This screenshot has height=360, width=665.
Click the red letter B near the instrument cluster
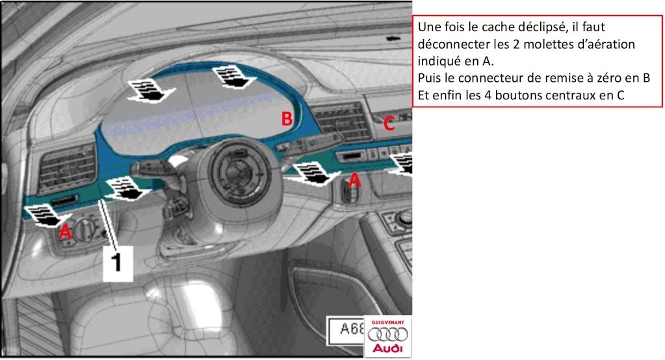coord(287,118)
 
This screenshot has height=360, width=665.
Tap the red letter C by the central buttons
coord(389,123)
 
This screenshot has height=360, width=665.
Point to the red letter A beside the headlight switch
coord(65,231)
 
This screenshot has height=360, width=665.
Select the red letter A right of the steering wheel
coord(354,180)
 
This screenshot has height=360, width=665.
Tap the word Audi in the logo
coord(387,348)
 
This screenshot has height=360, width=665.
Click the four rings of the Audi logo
coord(387,335)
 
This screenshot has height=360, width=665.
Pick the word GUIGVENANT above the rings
coord(387,323)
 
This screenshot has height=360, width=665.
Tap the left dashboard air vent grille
coord(67,168)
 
